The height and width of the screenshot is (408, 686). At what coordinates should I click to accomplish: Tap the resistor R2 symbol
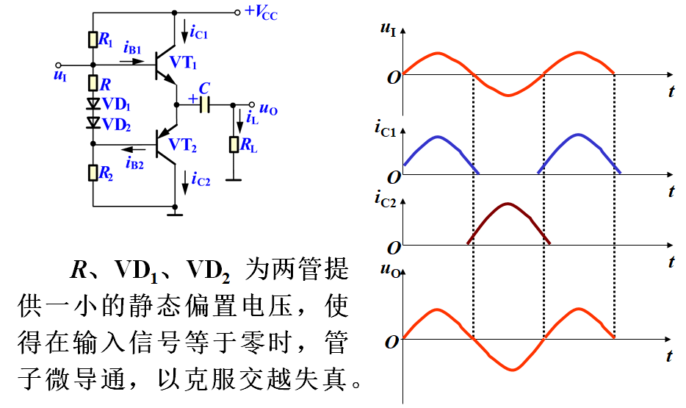pos(93,173)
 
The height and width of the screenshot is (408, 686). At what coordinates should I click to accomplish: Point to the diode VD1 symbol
pos(93,104)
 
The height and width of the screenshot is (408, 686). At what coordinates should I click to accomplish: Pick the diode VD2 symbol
pos(93,122)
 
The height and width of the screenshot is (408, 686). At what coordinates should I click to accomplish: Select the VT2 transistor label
pos(184,145)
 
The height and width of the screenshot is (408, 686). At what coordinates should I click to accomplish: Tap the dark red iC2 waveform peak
pos(508,204)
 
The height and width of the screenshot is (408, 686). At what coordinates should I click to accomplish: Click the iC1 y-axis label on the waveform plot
pos(385,130)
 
